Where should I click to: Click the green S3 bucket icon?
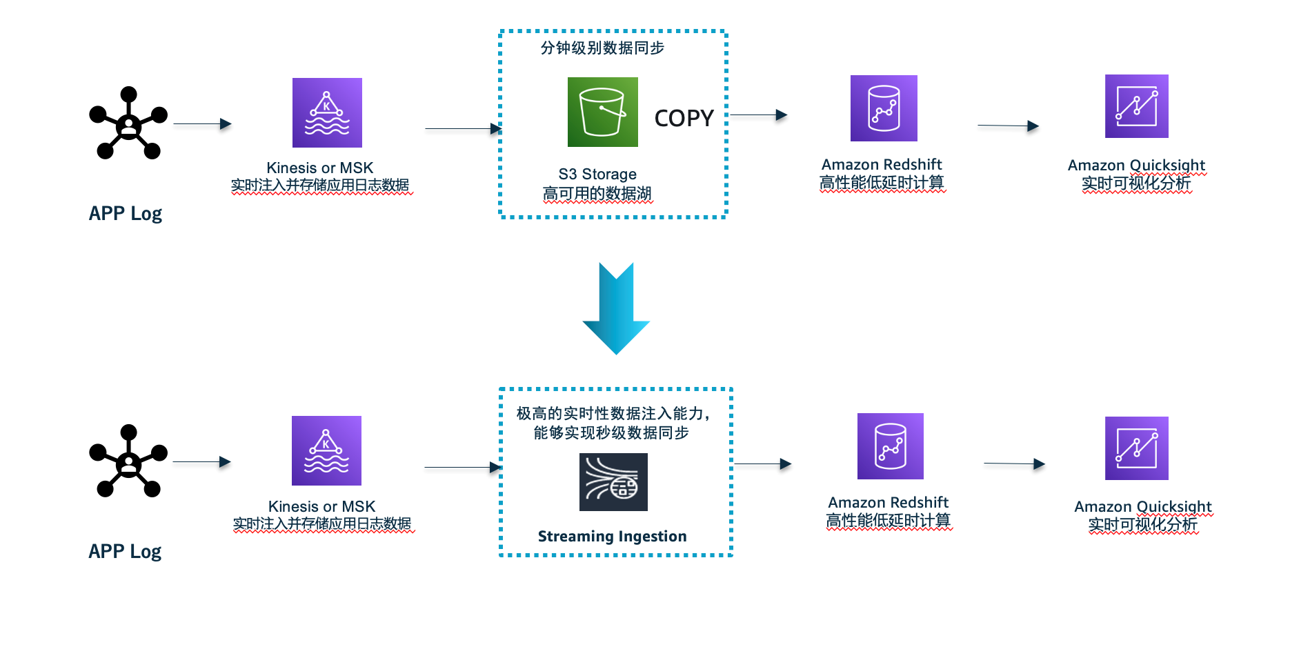[602, 112]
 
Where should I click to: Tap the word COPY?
[684, 118]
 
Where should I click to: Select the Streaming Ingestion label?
[612, 536]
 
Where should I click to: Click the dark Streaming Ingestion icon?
[613, 482]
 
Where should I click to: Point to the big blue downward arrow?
[616, 308]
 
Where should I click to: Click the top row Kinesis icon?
[327, 112]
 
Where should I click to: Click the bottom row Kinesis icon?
[326, 450]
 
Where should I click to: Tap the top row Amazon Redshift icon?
[884, 108]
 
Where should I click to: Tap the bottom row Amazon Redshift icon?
[890, 446]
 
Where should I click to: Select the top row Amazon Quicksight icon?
[1136, 106]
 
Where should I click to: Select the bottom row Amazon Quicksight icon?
[1136, 448]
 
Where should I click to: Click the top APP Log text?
[125, 213]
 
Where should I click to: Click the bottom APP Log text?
[125, 551]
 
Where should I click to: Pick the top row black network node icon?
[128, 123]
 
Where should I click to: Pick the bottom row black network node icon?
[128, 461]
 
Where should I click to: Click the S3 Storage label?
[597, 174]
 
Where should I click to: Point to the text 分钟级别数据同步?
[602, 48]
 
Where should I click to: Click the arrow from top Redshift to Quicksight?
[1008, 126]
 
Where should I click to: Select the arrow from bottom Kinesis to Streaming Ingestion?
[462, 468]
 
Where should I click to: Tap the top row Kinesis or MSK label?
[319, 168]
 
